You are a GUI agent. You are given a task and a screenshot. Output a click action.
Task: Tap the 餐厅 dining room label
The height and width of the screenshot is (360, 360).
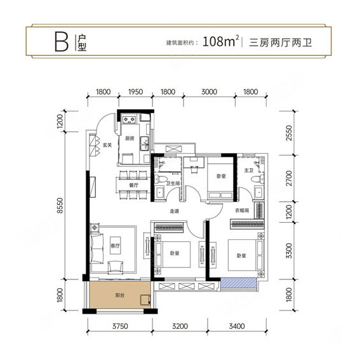pos(133,185)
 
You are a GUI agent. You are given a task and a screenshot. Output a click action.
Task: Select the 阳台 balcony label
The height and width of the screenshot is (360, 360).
pos(119,295)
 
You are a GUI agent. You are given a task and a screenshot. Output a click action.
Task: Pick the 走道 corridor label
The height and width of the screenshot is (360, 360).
pos(175,212)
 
